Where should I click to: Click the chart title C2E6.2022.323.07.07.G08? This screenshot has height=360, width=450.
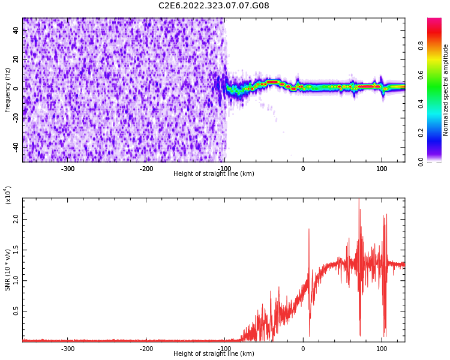(x=214, y=6)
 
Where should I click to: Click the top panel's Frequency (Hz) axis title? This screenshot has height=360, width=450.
(x=8, y=90)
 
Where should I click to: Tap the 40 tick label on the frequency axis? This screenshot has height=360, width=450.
(x=16, y=31)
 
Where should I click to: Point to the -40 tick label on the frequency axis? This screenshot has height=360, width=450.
(x=15, y=147)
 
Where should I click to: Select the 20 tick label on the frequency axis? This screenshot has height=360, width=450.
(x=16, y=59)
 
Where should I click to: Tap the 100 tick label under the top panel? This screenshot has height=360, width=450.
(x=382, y=169)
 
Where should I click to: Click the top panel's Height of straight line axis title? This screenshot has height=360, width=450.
(x=214, y=174)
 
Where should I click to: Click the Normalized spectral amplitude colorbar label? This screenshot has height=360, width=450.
(x=446, y=90)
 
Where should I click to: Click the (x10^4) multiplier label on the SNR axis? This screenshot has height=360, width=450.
(x=8, y=195)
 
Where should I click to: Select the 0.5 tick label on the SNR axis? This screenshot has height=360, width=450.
(x=15, y=311)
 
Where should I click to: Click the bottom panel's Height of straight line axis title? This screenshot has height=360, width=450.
(x=214, y=354)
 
